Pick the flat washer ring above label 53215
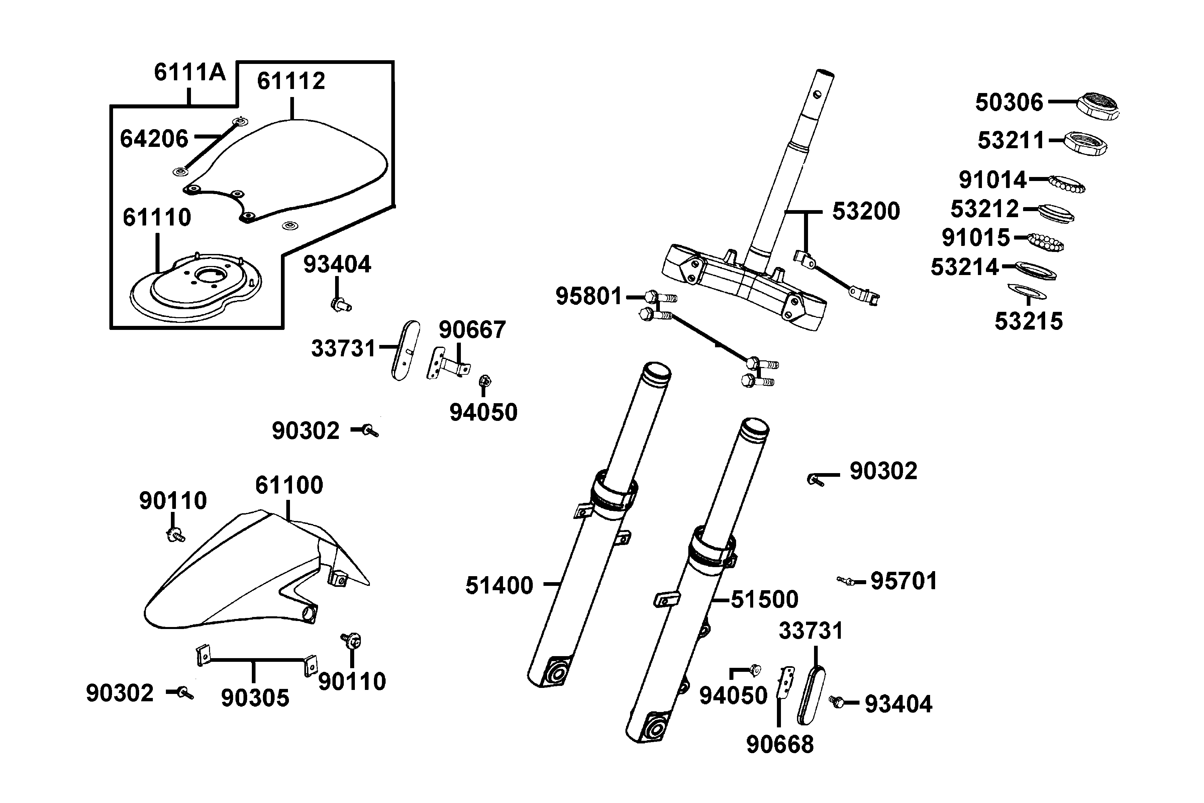1026,291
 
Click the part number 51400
499,585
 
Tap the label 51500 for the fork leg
764,599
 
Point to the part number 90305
255,698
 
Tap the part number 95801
589,296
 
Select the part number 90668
780,745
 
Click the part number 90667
472,330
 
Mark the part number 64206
154,139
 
